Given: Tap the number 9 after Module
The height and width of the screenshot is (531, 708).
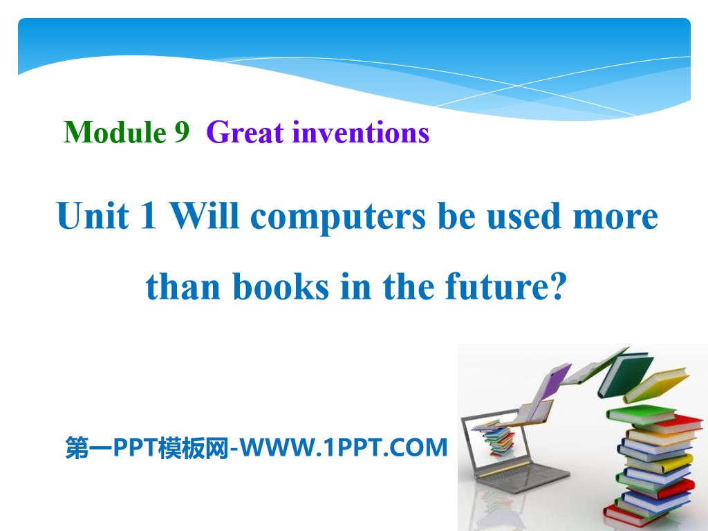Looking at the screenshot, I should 181,131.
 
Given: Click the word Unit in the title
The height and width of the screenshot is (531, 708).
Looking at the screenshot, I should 93,216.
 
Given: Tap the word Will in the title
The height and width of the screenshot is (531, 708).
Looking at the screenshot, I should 201,216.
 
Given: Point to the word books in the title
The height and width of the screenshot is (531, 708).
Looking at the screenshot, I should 280,287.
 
